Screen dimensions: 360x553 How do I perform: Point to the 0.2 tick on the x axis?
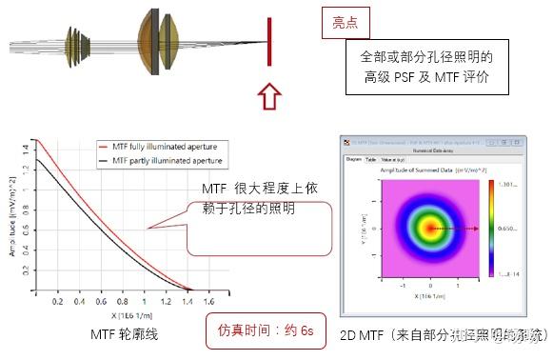coord(58,301)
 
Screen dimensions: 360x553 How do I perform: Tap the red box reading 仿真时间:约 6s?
coord(267,330)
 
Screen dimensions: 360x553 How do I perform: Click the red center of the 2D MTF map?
coord(430,230)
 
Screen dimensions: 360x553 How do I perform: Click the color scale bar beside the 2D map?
coord(494,229)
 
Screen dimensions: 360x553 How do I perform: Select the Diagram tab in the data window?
coord(353,161)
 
